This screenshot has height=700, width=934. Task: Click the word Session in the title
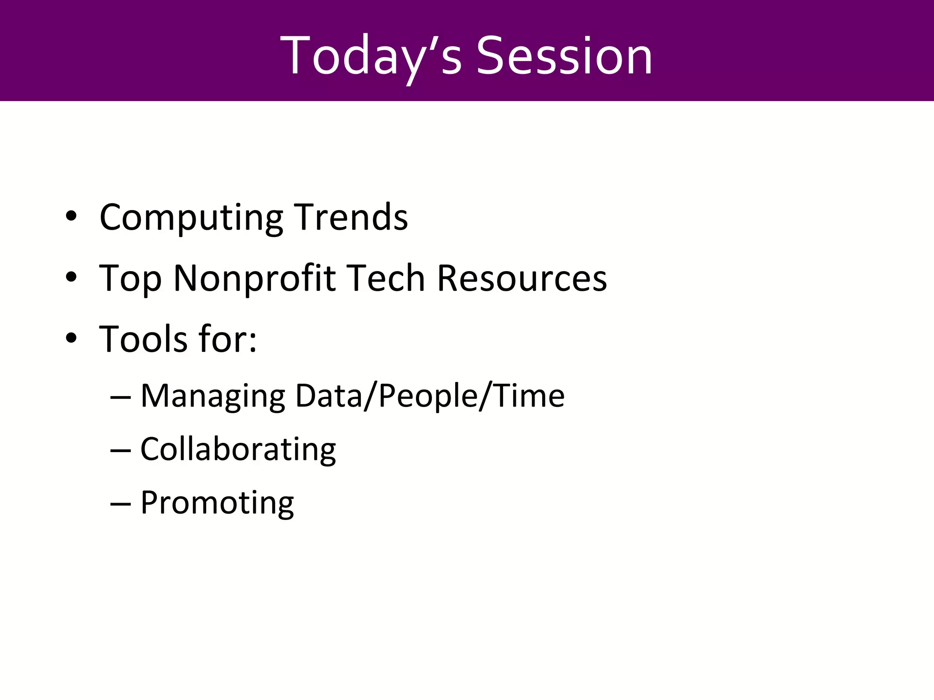[x=564, y=56]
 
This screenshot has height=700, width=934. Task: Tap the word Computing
[x=191, y=218]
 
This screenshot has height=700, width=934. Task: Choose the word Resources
[x=522, y=278]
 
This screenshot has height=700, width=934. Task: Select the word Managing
[x=213, y=396]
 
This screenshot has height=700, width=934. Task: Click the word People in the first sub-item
[x=428, y=396]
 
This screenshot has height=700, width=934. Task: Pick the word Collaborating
[x=238, y=449]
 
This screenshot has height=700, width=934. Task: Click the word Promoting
[x=217, y=503]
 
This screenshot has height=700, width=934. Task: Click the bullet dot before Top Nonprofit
[x=71, y=278]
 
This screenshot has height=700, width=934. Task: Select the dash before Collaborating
[x=121, y=450]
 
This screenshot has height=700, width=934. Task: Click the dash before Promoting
[x=121, y=504]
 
